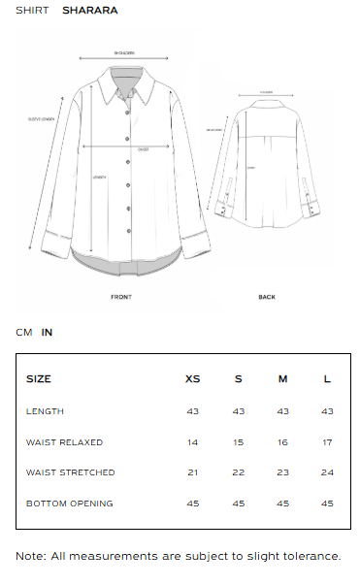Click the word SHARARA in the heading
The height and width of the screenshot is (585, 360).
click(90, 11)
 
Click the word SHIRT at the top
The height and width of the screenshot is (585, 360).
click(32, 11)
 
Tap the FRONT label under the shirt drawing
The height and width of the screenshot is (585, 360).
click(121, 297)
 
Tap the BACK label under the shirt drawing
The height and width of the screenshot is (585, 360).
click(267, 297)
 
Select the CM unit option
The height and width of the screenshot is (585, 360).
click(24, 332)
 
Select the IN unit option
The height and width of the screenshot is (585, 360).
click(47, 332)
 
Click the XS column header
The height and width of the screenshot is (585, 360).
click(192, 378)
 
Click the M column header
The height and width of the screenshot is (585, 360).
click(282, 378)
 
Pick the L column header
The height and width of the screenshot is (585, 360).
click(327, 378)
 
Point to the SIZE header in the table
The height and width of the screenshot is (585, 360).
click(39, 378)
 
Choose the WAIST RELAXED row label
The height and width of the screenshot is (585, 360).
click(64, 442)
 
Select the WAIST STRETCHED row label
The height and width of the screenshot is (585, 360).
click(70, 472)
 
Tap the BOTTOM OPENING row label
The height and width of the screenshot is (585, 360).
click(69, 504)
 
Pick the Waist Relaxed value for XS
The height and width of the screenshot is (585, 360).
click(192, 442)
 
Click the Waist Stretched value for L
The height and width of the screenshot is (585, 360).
click(327, 472)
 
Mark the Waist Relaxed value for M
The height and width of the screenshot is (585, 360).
click(282, 442)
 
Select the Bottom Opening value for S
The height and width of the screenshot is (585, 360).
click(238, 504)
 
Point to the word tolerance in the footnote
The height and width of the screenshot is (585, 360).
click(309, 556)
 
